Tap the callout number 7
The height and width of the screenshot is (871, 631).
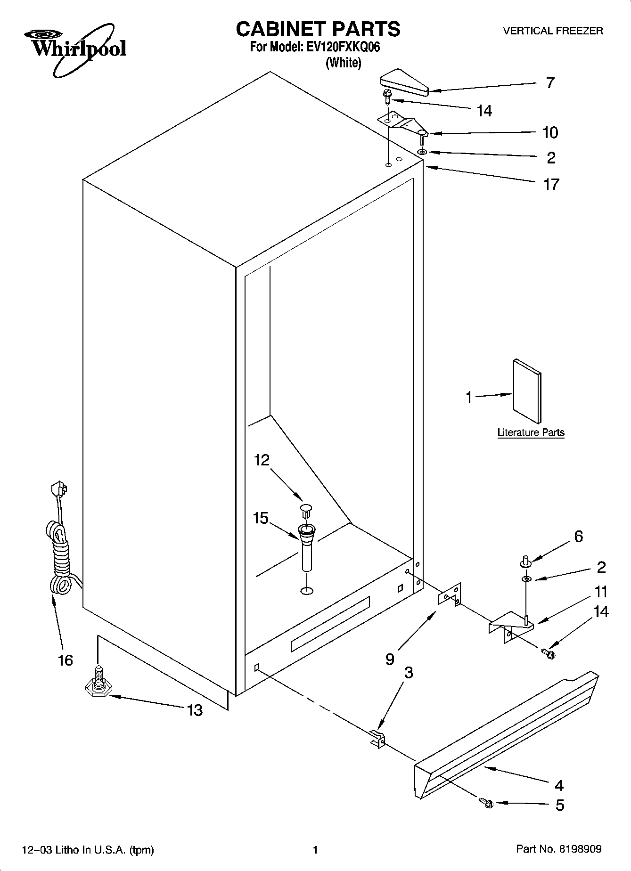[x=550, y=83]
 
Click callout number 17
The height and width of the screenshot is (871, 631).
[x=551, y=184]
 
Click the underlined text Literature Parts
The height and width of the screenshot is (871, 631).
[x=531, y=432]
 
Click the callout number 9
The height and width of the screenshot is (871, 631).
[x=389, y=659]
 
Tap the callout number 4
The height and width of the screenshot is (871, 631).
[x=559, y=785]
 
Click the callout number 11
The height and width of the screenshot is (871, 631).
[x=601, y=592]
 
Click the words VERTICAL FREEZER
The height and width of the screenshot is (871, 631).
[x=553, y=31]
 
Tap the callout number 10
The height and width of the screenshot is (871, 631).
[x=550, y=132]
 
